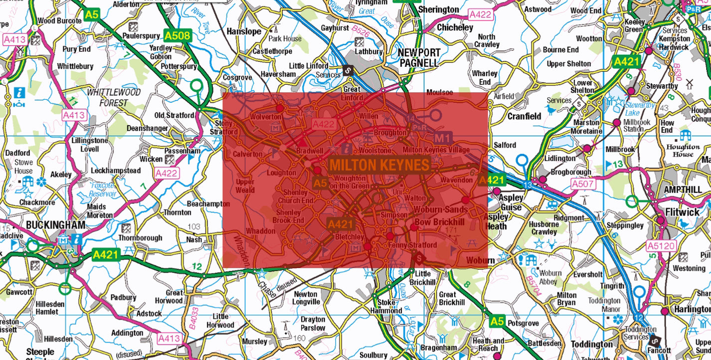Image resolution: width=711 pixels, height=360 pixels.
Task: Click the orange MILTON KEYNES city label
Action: click(379, 165)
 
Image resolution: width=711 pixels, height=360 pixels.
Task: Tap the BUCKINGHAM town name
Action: click(55, 225)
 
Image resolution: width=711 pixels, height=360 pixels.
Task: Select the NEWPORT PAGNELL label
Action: click(419, 58)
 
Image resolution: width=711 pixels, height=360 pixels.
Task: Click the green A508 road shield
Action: click(178, 35)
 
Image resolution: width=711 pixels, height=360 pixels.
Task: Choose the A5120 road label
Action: click(661, 245)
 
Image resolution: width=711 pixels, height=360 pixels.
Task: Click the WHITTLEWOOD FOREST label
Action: click(114, 98)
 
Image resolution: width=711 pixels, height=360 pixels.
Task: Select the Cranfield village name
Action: click(524, 116)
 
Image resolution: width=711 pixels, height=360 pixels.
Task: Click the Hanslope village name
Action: click(244, 31)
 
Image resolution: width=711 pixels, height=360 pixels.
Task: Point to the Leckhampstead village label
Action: click(116, 171)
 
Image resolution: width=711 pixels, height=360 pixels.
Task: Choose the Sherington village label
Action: click(438, 9)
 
